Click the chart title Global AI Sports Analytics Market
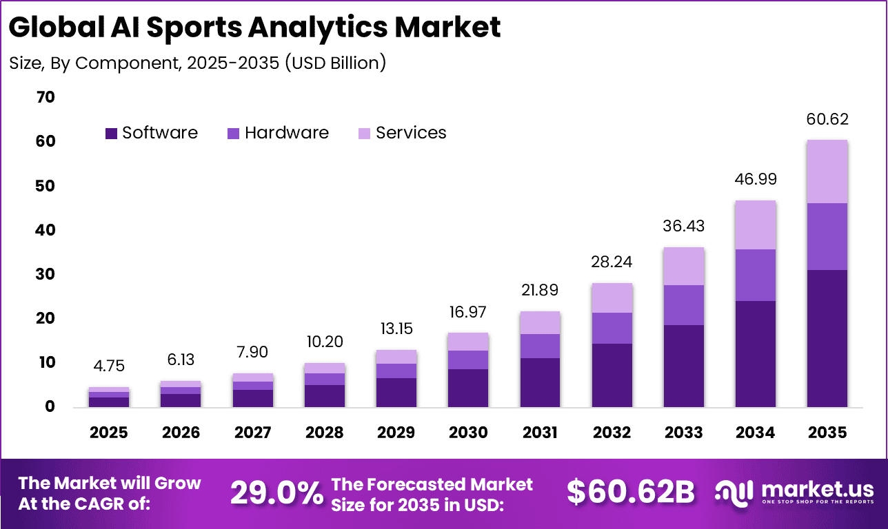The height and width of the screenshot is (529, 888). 255,28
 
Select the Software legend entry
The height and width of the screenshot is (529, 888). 151,133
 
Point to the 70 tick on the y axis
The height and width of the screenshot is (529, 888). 45,97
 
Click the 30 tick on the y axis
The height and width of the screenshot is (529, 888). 45,274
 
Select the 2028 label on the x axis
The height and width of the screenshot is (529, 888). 325,433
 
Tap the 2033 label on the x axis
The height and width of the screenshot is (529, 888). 684,433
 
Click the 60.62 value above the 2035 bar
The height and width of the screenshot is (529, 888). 827,119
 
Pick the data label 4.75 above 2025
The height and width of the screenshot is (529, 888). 109,366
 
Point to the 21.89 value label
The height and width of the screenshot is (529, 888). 540,290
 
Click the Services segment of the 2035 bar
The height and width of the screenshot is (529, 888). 827,172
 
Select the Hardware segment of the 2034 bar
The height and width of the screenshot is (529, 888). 756,275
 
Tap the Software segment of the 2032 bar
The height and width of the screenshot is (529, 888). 612,375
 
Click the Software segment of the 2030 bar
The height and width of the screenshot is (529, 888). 468,388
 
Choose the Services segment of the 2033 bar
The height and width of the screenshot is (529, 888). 684,266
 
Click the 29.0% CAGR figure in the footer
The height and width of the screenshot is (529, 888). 276,492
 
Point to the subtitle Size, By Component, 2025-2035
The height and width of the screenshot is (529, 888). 197,63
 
